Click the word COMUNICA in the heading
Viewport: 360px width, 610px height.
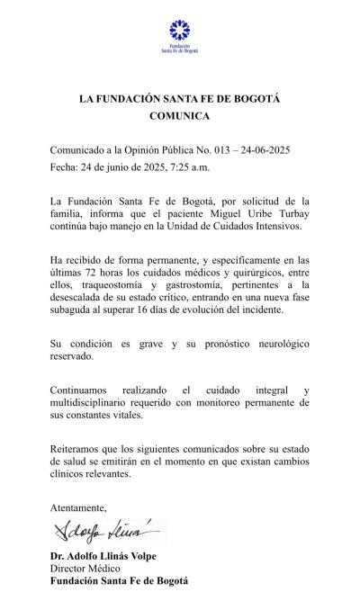pyautogui.click(x=179, y=116)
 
